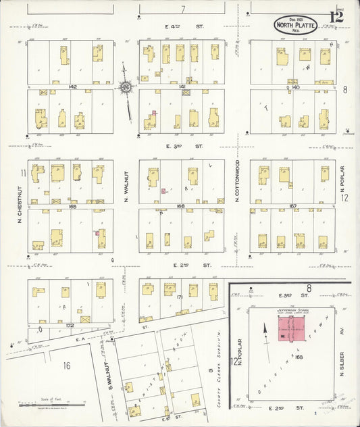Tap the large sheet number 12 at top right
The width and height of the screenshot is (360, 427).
(x=336, y=16)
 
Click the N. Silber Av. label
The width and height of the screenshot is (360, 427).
(x=342, y=353)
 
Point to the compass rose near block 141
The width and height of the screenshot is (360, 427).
(x=126, y=86)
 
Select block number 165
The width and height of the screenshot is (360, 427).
(x=70, y=205)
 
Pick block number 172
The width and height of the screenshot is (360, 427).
(x=70, y=326)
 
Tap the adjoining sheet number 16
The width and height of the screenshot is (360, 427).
(x=66, y=366)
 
